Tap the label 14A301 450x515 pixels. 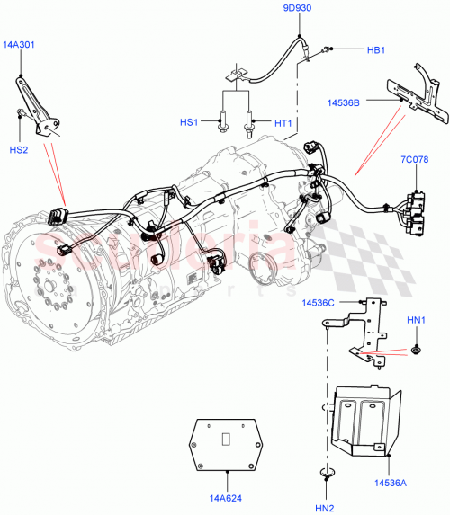coord(19,44)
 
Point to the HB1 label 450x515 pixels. coord(376,51)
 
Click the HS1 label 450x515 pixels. coord(190,121)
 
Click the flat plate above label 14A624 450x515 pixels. coord(229,443)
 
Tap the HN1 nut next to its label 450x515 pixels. coord(418,347)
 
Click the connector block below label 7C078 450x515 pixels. coord(416,211)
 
